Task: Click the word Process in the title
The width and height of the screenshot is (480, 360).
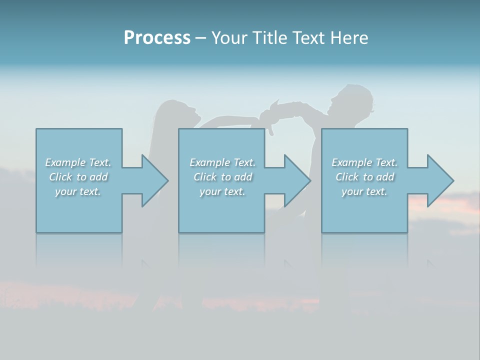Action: tap(157, 38)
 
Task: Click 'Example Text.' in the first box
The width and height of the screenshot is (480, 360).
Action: tap(78, 162)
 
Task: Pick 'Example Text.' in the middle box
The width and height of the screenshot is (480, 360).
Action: tap(222, 162)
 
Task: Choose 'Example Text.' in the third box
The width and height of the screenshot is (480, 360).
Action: tap(364, 162)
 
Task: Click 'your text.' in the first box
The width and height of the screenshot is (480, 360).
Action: tap(78, 191)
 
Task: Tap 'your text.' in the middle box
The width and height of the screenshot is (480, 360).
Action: tap(222, 191)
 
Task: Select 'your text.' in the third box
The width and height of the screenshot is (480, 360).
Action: tap(364, 191)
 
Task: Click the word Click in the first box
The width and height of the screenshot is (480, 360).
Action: tap(60, 177)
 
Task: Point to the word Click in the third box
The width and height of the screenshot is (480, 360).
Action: tap(347, 177)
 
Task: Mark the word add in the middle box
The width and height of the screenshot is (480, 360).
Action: tap(243, 177)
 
